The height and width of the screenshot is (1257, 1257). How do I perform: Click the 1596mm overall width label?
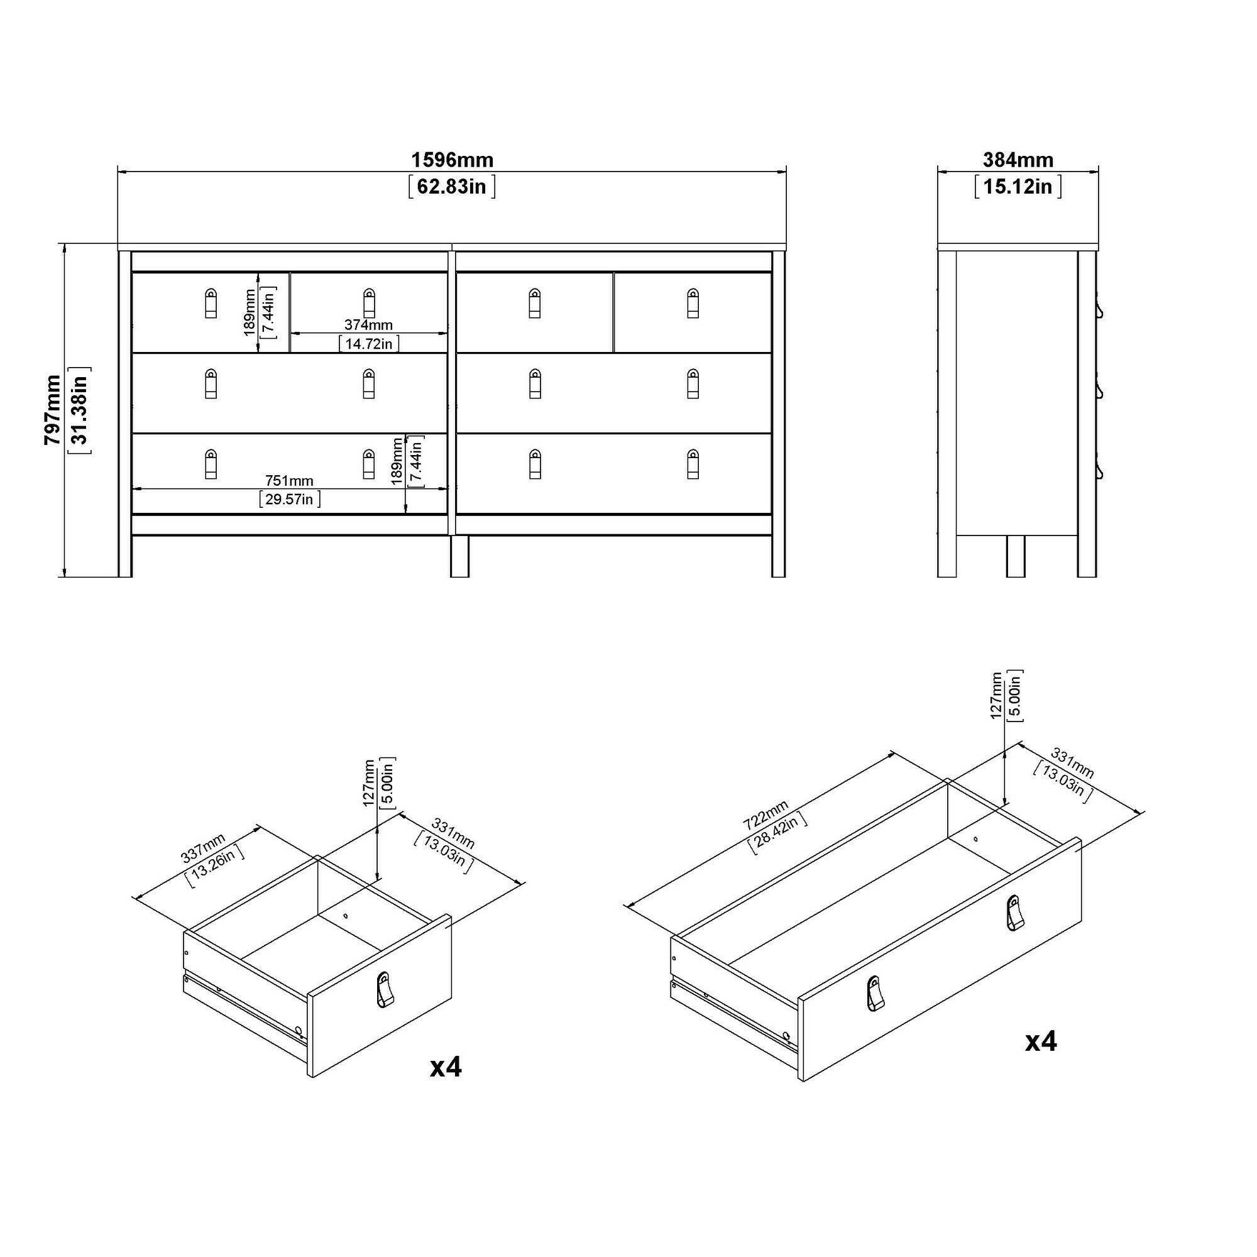452,160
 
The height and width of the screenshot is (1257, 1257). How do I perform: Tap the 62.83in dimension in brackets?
452,187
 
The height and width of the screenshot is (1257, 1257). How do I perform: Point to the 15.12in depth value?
1018,187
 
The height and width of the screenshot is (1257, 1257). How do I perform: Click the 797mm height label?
52,410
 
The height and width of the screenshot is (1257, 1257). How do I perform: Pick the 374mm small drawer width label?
369,325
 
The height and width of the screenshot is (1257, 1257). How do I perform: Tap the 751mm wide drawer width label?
289,481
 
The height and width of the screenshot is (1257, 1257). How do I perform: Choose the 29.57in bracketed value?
290,499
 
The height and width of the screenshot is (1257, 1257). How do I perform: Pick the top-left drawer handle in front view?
210,303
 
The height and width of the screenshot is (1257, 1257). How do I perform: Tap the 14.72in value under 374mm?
369,344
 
